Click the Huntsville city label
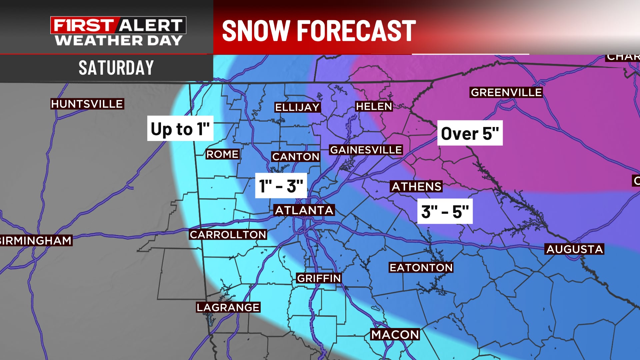87,104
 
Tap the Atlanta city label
304,210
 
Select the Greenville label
506,92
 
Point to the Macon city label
395,334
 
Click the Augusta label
575,249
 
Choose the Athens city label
416,186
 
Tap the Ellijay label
297,107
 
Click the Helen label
374,106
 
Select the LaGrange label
228,307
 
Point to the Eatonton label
421,267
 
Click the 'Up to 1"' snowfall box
180,129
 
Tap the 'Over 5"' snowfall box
470,133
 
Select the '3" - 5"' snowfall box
445,211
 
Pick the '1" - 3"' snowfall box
281,186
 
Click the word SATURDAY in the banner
116,68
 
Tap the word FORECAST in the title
356,31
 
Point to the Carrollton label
228,235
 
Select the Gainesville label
366,150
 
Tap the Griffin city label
319,278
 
